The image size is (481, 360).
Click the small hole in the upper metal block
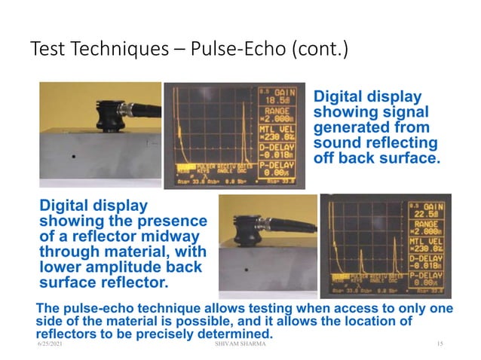pyautogui.click(x=72, y=157)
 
